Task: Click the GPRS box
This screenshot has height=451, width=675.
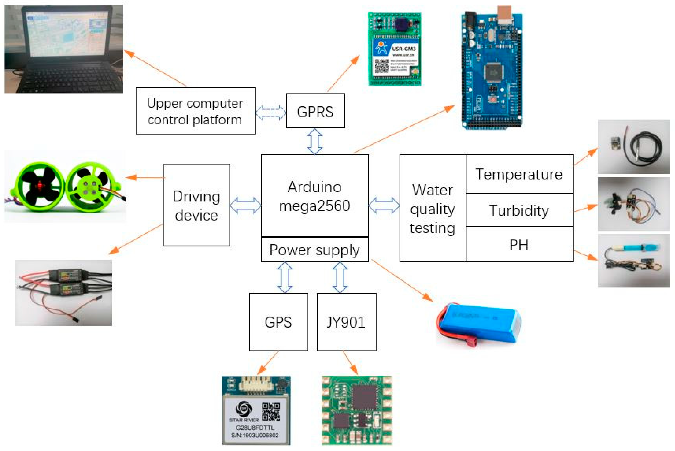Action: tap(315, 111)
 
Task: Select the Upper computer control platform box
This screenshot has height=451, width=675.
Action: tap(195, 111)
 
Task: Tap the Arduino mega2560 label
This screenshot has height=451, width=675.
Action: tap(314, 196)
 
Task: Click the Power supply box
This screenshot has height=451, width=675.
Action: tap(314, 250)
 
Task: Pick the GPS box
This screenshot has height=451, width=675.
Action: tap(278, 322)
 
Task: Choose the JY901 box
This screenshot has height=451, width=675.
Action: tap(346, 322)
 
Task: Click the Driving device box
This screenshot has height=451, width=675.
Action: tap(197, 205)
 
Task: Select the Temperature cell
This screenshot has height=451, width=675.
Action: tap(519, 174)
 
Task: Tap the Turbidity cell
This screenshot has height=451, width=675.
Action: tap(519, 210)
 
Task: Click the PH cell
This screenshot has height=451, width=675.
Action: tap(519, 245)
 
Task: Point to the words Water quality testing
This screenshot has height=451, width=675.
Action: tap(433, 209)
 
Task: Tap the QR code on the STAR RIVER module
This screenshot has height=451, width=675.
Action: tap(271, 411)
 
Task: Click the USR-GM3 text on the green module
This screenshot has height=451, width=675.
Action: tap(404, 49)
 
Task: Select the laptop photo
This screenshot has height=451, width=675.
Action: tap(64, 49)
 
